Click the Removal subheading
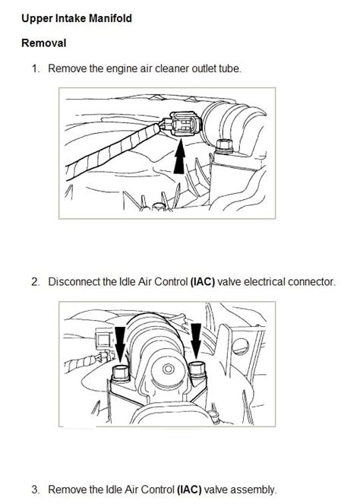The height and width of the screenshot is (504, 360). click(44, 43)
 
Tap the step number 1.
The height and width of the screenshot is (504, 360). click(35, 68)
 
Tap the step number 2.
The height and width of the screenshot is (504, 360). click(35, 281)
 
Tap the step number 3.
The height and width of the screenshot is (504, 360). click(35, 490)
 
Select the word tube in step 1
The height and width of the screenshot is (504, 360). click(229, 68)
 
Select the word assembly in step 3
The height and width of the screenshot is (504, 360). click(256, 490)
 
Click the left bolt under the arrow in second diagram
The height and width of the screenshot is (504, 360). click(120, 373)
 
